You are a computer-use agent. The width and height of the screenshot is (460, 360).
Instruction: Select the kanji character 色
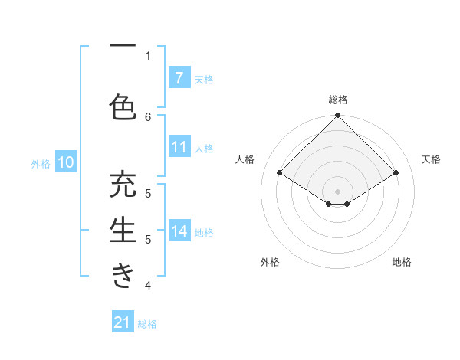point(123,106)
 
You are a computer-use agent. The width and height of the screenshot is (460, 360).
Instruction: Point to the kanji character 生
point(123,231)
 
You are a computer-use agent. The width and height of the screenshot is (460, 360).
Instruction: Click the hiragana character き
point(123,275)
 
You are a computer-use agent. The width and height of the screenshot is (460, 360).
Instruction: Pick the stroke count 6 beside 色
point(148,116)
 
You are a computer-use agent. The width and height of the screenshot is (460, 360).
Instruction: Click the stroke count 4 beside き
point(148,286)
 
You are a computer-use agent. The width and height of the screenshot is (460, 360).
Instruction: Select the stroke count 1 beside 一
point(148,56)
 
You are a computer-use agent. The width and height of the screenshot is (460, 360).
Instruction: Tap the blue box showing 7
point(179,77)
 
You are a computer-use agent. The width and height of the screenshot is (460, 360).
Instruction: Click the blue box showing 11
point(179,147)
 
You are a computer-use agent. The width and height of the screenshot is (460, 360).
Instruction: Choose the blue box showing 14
point(179,231)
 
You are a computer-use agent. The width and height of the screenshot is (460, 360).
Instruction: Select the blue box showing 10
point(65,162)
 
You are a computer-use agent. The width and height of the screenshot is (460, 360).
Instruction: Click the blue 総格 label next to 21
point(147,324)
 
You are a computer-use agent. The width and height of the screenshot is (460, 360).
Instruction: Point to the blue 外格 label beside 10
point(41,163)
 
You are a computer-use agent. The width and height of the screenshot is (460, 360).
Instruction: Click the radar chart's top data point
point(337,116)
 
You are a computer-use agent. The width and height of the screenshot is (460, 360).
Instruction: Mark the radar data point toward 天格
point(396,173)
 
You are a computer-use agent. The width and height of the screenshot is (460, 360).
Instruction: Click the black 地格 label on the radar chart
point(402,262)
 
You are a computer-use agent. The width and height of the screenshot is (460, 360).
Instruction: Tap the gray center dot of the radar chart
point(337,190)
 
